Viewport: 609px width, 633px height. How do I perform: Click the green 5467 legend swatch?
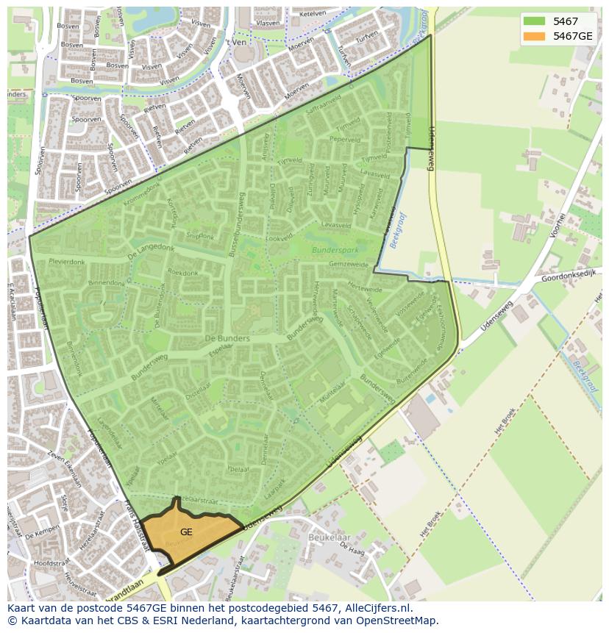[x=534, y=21]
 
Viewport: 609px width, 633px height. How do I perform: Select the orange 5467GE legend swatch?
[x=534, y=36]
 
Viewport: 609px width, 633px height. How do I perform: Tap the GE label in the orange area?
[x=186, y=532]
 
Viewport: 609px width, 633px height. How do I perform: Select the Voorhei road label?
[x=557, y=226]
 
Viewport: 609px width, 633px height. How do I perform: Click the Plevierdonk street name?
[x=67, y=261]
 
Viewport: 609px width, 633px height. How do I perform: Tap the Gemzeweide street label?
[x=348, y=263]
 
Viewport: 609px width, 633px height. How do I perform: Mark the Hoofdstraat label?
[x=31, y=562]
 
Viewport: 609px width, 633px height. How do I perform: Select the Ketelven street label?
[x=313, y=13]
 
